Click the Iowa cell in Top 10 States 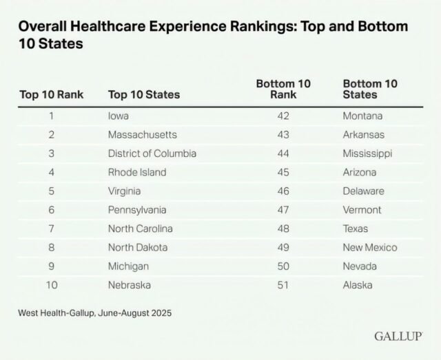coord(119,116)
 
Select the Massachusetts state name coord(143,135)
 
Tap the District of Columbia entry coord(152,153)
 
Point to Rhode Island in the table coord(137,172)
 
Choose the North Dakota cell coord(138,247)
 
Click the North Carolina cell coord(141,229)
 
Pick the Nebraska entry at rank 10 coord(130,284)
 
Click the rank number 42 coord(283,116)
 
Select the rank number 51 coord(283,284)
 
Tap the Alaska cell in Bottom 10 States coord(358,284)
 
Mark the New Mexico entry coord(370,247)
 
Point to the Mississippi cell coord(367,153)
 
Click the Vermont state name coord(362,210)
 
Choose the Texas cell coord(356,229)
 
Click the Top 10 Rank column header coord(51,94)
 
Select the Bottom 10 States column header coord(370,89)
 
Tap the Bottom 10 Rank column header coord(283,89)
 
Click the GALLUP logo coord(398,337)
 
